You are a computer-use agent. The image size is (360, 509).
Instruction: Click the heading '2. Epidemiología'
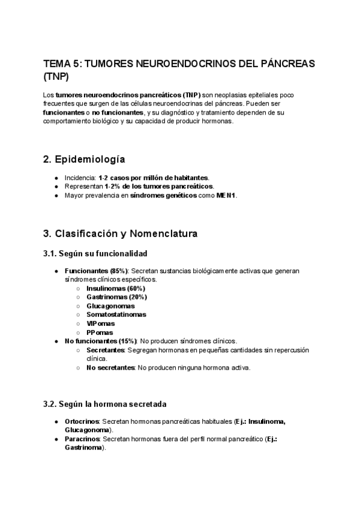84,159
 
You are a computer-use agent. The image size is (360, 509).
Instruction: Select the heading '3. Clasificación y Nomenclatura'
120,233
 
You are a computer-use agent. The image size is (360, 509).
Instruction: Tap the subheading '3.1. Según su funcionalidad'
95,254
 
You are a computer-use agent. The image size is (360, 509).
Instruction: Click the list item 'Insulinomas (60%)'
115,288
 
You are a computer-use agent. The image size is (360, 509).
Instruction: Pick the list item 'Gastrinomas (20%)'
116,297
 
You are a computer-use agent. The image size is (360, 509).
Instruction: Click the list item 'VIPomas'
100,324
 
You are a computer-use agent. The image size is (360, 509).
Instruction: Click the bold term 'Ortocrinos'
81,421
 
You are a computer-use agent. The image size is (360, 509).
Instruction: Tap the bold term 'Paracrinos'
81,439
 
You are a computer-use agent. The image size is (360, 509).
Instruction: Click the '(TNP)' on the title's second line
56,77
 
